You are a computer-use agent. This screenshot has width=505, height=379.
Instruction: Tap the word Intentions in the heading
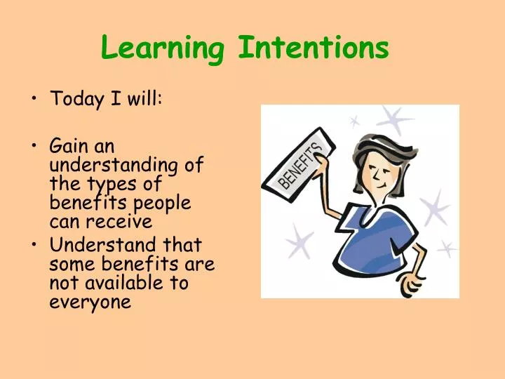(313, 48)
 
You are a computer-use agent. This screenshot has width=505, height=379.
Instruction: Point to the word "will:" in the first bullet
(144, 99)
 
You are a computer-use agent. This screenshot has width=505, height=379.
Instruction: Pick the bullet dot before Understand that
(36, 246)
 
